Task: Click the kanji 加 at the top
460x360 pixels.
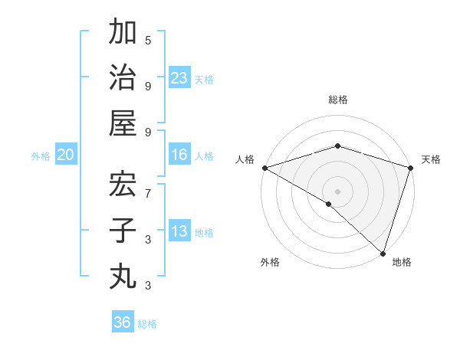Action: pos(123,34)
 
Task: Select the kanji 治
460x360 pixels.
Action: pos(123,78)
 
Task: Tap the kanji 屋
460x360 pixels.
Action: pos(123,123)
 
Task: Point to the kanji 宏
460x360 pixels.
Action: pos(123,185)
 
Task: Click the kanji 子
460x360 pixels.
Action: pos(123,230)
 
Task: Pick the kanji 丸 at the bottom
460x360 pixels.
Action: pos(123,274)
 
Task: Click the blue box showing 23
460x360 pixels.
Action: pos(179,78)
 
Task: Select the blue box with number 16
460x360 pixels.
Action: pos(179,155)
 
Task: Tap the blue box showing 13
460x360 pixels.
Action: pos(179,231)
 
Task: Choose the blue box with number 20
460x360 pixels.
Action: pos(65,155)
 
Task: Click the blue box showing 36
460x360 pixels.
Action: pos(123,322)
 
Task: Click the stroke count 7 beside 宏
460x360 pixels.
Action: pos(148,193)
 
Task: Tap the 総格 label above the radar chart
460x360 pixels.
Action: pos(337,100)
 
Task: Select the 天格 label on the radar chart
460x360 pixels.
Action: pos(431,159)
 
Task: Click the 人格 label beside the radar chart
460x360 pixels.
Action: pos(245,159)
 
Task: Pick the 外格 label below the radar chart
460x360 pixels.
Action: pos(270,262)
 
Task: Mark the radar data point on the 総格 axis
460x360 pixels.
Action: pos(337,146)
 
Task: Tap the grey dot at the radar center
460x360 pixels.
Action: pos(337,191)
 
